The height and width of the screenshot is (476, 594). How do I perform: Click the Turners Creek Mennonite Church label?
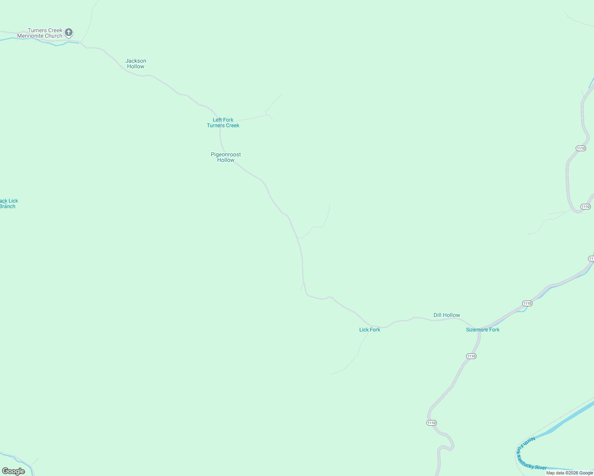(40, 33)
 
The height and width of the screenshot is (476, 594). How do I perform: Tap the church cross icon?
(69, 32)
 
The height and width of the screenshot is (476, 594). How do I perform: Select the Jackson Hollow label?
(136, 63)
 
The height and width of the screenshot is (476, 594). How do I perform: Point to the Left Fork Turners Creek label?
(223, 123)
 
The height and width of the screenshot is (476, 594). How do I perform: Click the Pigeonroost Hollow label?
(226, 157)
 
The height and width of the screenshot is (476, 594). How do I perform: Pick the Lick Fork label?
(370, 330)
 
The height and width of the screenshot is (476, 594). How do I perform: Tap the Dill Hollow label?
(447, 315)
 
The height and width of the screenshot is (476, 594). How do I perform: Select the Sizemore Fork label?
(483, 330)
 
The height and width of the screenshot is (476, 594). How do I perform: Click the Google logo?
(13, 471)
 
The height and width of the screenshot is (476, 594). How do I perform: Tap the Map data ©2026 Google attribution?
(569, 473)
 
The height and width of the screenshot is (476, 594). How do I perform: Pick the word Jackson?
(136, 61)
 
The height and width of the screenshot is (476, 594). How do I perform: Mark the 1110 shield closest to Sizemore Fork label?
(471, 356)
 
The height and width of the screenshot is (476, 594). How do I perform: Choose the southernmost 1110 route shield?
(432, 423)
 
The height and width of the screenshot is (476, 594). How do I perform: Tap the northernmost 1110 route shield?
(580, 148)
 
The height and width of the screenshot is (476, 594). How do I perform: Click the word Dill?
(438, 315)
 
